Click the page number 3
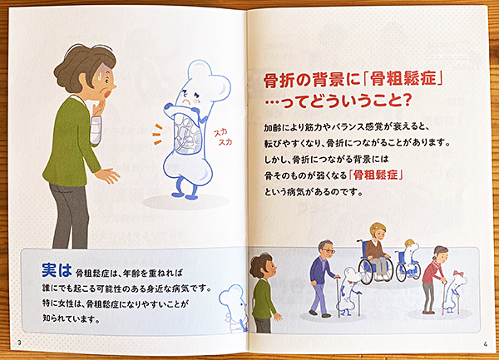19,343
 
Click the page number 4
485,343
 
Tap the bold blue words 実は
57,270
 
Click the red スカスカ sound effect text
223,137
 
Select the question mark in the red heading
405,101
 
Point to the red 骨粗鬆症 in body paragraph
376,175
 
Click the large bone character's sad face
190,97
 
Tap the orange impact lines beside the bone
158,135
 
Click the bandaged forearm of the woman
96,130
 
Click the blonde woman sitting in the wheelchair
376,251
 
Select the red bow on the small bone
458,274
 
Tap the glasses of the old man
329,251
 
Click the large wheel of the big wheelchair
367,273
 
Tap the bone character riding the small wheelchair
411,259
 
